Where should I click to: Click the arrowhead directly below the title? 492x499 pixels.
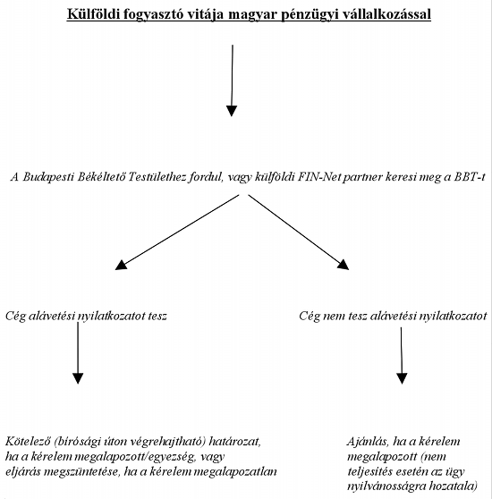(232, 111)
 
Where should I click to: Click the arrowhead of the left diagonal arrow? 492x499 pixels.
(121, 265)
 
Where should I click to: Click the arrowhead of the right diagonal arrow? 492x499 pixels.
(344, 265)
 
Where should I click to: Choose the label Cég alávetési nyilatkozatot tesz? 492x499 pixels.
(86, 316)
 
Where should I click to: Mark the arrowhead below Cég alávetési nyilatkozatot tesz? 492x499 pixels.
(78, 378)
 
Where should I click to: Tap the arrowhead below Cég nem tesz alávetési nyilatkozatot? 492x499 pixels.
(402, 378)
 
